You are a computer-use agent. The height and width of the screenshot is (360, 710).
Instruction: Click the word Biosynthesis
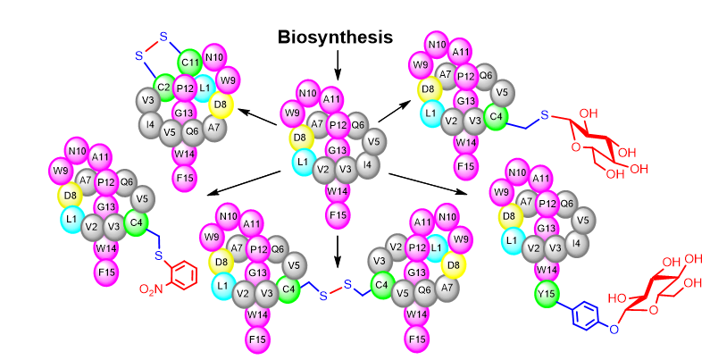point(335,37)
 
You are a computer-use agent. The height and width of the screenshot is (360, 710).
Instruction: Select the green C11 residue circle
point(189,63)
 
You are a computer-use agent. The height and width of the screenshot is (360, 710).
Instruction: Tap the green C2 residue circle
point(163,87)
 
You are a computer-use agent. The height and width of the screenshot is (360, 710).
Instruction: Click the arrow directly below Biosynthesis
point(338,64)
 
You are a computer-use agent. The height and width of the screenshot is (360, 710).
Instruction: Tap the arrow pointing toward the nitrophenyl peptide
point(242,181)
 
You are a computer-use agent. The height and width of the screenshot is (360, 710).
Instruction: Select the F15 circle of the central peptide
point(338,214)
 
